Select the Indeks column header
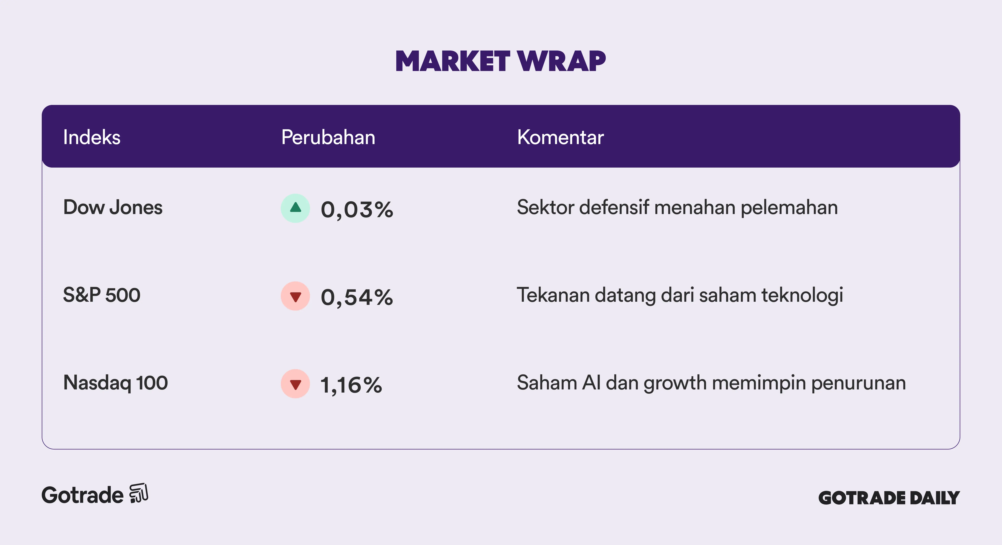click(92, 137)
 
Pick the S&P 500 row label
click(102, 295)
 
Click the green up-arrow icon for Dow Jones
click(296, 208)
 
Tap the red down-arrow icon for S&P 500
click(296, 296)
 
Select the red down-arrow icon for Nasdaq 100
click(296, 384)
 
